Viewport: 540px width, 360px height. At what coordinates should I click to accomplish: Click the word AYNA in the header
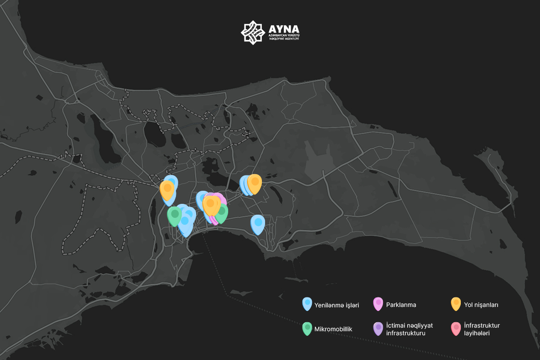coord(283,29)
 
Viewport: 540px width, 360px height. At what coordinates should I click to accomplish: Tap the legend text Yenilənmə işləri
coord(337,305)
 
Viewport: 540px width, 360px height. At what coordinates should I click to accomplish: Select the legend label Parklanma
coord(401,305)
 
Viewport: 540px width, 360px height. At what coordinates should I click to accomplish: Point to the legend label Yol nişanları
coord(481,305)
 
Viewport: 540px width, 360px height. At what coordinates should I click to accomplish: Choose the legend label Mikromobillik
coord(333,329)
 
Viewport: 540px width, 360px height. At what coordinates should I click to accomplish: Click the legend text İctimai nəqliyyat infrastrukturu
coord(409,329)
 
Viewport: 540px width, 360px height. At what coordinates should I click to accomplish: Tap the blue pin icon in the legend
coord(307,304)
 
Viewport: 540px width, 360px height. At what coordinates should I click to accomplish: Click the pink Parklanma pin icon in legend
coord(378,304)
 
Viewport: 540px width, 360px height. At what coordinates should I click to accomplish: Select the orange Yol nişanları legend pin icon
coord(456,304)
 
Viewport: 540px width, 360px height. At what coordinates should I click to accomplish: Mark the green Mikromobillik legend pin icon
coord(307,328)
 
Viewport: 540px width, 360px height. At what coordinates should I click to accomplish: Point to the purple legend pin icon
coord(378,328)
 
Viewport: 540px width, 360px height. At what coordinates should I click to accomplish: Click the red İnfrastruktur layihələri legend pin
coord(456,328)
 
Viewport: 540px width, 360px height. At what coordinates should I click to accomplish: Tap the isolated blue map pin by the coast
coord(257,224)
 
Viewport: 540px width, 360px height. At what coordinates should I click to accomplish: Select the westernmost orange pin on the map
coord(167,189)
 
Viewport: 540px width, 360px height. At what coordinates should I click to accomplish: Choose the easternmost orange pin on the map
coord(255,183)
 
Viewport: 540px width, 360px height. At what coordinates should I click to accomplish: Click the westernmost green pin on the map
coord(175,215)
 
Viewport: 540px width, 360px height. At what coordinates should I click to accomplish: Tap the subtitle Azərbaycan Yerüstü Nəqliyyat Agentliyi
coord(283,37)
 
